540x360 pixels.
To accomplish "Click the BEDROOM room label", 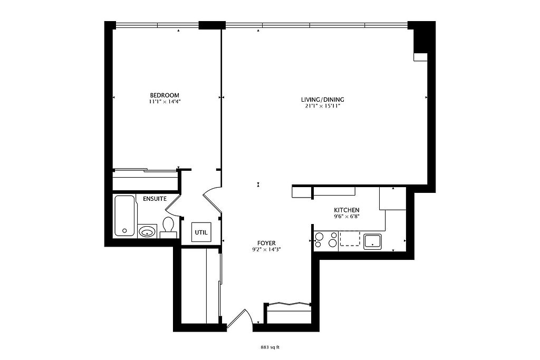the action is click(x=165, y=95).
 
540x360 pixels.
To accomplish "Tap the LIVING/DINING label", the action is click(x=323, y=100).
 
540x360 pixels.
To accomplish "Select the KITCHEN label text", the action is click(x=347, y=210).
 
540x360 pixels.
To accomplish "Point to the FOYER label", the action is click(x=266, y=244).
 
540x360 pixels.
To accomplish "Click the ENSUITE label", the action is click(x=155, y=199).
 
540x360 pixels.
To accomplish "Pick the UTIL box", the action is click(x=201, y=232).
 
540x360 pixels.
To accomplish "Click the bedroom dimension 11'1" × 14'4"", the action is click(x=165, y=102).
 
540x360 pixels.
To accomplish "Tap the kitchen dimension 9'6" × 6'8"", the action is click(x=347, y=217).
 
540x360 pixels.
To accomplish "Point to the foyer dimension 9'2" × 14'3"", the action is click(x=266, y=250).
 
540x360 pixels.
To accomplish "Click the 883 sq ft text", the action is click(x=270, y=347).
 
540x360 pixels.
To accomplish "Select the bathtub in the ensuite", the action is click(x=124, y=216).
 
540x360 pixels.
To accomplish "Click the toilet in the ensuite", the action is click(x=169, y=227).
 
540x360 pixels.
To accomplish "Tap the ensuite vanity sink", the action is click(x=148, y=231).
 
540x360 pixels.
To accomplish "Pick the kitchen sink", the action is click(x=373, y=241).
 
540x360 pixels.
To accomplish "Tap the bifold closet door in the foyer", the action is click(x=288, y=304).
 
